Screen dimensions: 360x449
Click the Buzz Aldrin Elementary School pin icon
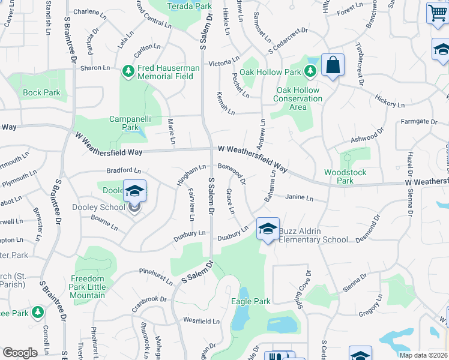point(268,229)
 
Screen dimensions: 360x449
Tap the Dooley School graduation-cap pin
point(135,191)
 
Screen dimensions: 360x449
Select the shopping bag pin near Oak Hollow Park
point(333,65)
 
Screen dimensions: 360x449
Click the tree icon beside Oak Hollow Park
point(310,72)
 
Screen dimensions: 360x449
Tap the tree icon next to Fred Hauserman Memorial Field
point(128,72)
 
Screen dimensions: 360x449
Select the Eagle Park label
point(250,301)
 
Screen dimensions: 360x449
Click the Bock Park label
point(42,92)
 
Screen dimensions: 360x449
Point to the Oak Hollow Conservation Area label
point(298,98)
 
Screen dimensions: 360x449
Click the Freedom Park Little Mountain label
point(88,287)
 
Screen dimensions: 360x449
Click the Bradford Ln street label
point(124,171)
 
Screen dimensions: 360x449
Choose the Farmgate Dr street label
point(419,122)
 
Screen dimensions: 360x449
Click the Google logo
point(20,353)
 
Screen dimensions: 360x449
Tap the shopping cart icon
point(438,13)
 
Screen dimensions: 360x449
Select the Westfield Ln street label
point(201,321)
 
